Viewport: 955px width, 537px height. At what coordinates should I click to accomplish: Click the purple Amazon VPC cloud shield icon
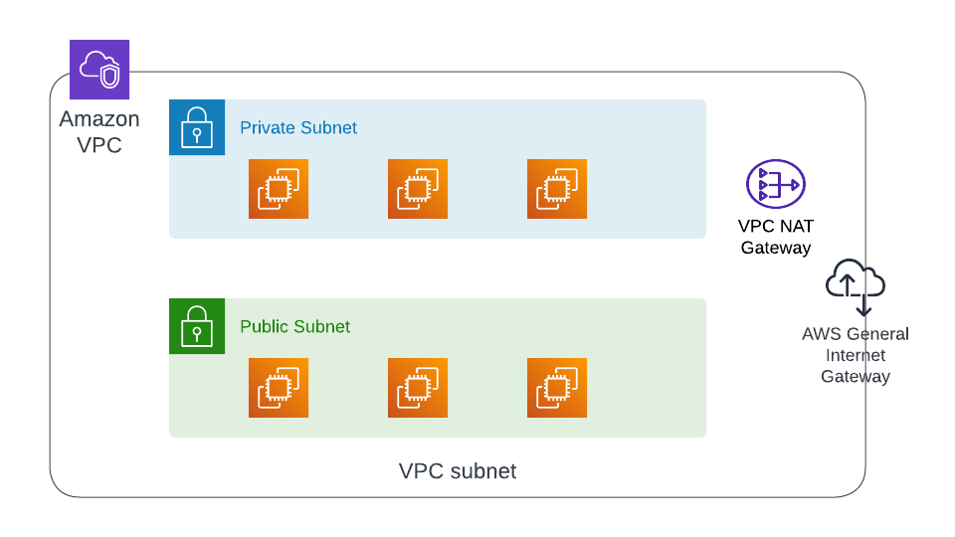(99, 70)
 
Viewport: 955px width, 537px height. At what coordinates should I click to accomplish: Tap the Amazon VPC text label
(99, 132)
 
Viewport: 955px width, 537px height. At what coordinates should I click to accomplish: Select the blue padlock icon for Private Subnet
(197, 127)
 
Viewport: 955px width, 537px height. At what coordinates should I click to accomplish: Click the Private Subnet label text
(298, 127)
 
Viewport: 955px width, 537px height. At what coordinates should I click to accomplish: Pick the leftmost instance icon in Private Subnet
(279, 189)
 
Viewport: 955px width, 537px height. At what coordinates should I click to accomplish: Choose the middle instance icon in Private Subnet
(418, 189)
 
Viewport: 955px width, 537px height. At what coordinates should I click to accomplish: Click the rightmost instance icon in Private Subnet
(557, 189)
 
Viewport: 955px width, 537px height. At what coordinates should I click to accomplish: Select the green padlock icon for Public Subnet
(197, 326)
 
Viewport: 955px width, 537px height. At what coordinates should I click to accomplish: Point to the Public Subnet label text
(294, 326)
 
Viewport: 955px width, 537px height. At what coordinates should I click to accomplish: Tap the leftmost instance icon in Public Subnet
(279, 388)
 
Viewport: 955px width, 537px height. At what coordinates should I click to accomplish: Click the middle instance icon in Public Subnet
(418, 388)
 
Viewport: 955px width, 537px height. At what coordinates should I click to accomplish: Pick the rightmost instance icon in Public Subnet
(557, 388)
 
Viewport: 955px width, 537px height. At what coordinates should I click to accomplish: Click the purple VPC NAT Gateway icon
(776, 184)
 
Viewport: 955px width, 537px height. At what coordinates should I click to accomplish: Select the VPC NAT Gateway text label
(776, 237)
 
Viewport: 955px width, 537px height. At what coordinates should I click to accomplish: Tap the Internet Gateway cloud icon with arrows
(856, 283)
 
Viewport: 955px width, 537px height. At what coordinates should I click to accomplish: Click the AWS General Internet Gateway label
(856, 355)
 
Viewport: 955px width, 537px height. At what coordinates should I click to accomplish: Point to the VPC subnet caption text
(458, 471)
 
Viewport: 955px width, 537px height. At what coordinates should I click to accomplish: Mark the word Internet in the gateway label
(856, 355)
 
